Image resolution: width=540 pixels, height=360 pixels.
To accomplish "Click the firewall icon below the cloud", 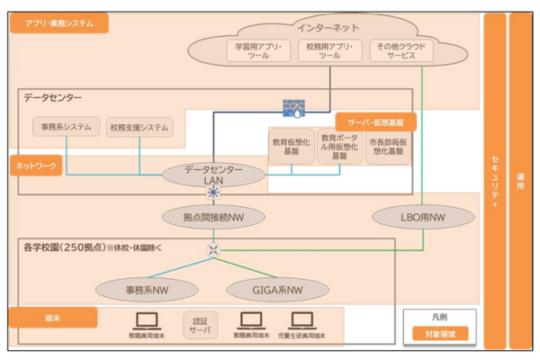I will (x=294, y=109).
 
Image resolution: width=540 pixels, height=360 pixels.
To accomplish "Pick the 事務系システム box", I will (x=66, y=127).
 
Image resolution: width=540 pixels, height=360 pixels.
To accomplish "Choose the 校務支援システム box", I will (x=139, y=127).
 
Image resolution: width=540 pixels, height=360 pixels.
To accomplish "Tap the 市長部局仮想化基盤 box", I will (x=388, y=147).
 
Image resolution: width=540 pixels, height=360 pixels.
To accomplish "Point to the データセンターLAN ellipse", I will (x=212, y=174).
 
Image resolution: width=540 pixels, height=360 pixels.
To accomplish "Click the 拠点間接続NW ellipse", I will (x=213, y=216).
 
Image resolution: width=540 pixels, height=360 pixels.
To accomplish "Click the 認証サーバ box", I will (x=200, y=325).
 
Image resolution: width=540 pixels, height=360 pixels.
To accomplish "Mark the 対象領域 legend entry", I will (x=439, y=334).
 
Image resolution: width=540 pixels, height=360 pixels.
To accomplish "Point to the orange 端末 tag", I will (x=52, y=317).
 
